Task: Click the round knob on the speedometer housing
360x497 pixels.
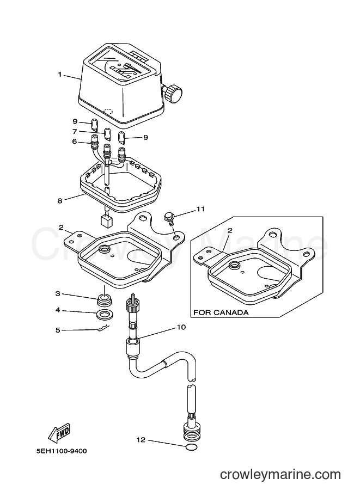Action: [173, 93]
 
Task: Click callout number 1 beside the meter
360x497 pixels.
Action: [59, 75]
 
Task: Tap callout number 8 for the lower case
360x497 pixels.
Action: [60, 200]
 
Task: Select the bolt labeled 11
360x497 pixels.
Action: [168, 219]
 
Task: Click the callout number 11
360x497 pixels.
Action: [200, 209]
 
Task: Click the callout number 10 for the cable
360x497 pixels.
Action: [181, 327]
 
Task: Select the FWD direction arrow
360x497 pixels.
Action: [59, 433]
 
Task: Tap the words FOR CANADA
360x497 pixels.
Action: [221, 312]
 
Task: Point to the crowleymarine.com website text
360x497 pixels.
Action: [280, 475]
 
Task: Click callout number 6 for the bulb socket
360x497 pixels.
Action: [75, 142]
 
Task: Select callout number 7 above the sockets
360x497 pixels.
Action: [75, 131]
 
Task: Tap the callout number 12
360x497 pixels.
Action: [141, 440]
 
